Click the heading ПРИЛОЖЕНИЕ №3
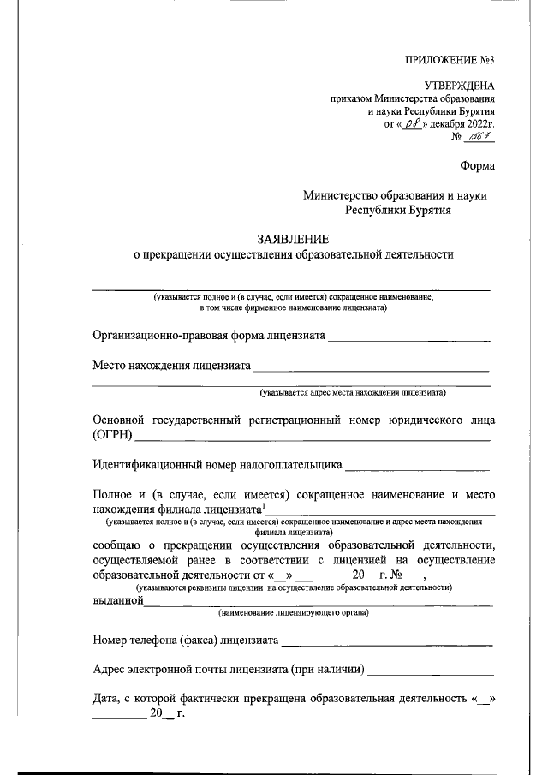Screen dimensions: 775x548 pos(450,59)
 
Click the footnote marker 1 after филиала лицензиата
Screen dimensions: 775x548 pos(264,507)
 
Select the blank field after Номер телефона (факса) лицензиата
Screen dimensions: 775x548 pos(387,640)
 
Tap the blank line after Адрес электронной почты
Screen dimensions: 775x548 pos(431,671)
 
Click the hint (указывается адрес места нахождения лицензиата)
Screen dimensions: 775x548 pos(352,393)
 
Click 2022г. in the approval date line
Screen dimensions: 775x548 pos(478,124)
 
